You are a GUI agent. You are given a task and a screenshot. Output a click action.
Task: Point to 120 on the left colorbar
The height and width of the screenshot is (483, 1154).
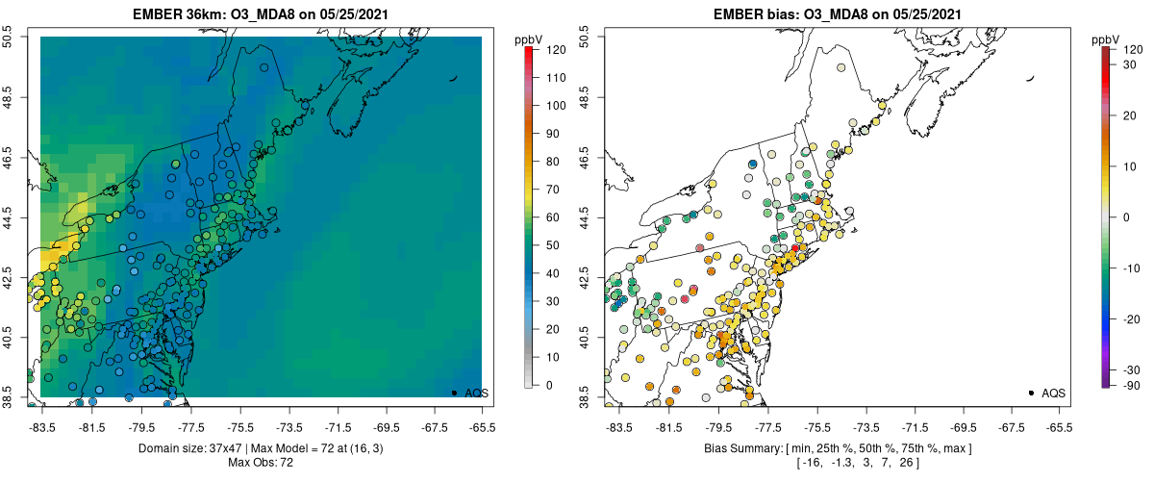[556, 48]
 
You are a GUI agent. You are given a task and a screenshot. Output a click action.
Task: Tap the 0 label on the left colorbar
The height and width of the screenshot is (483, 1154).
[549, 385]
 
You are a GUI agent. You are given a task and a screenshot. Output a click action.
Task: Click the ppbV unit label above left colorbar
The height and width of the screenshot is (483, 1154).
[529, 39]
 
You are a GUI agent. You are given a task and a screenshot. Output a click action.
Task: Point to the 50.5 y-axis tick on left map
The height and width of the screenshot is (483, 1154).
[11, 37]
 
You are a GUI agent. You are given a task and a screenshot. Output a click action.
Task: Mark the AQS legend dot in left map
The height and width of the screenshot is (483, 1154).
[453, 393]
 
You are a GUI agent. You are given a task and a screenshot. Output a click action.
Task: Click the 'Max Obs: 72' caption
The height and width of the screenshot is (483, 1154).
[261, 463]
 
